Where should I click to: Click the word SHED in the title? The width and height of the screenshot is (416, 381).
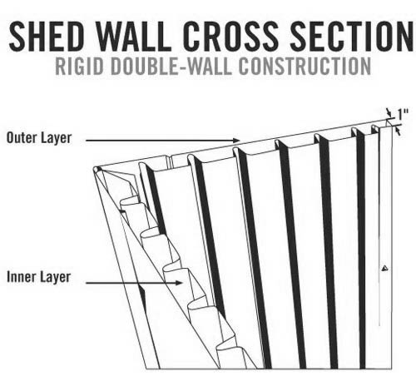click(x=47, y=36)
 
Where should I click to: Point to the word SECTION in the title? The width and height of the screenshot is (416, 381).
click(x=352, y=36)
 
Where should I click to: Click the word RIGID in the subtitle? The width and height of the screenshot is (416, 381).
click(x=80, y=67)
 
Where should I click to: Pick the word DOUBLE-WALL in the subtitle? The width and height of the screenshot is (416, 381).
click(x=171, y=67)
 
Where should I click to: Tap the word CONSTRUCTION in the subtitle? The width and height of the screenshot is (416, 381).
click(x=305, y=67)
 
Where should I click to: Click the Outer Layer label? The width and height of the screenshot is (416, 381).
click(x=39, y=138)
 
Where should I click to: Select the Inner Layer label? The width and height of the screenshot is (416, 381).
click(x=39, y=277)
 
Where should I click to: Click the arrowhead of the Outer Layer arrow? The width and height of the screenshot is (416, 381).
click(x=236, y=141)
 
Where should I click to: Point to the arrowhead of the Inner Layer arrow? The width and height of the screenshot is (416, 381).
click(x=180, y=283)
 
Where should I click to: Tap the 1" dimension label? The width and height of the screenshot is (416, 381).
click(x=403, y=114)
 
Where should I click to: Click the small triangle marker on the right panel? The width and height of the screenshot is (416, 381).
click(x=384, y=268)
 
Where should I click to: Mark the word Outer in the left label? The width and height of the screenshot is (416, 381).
click(x=20, y=138)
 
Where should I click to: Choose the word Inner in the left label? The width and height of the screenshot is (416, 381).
click(x=19, y=277)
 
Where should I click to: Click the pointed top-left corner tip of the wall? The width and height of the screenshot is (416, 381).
click(x=95, y=169)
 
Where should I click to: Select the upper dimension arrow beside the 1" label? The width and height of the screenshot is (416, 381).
click(x=389, y=113)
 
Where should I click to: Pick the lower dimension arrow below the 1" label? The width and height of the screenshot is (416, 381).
click(x=398, y=131)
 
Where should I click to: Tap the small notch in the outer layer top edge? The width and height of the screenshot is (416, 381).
click(x=169, y=161)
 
